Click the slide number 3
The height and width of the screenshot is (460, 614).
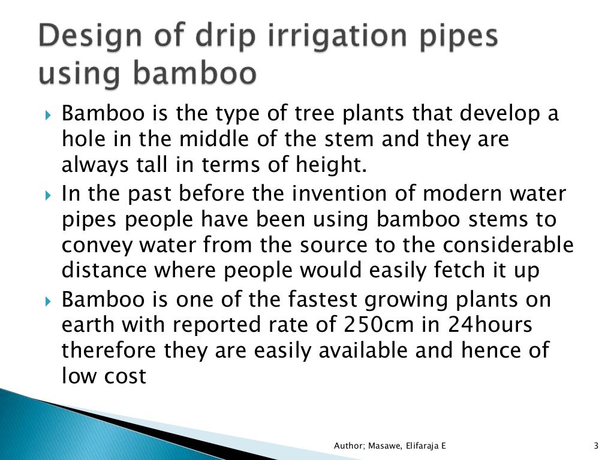point(595,446)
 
